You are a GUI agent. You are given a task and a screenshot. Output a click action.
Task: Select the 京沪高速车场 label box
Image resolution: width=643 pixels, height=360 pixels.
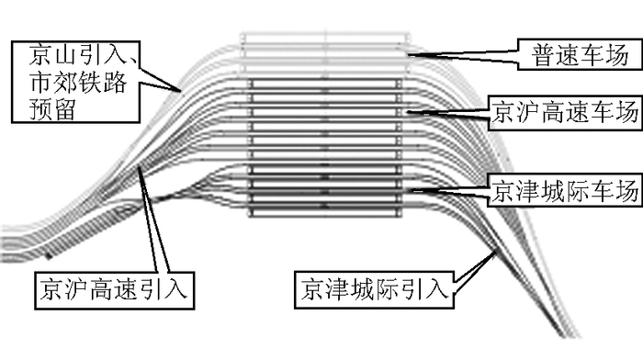(x=563, y=111)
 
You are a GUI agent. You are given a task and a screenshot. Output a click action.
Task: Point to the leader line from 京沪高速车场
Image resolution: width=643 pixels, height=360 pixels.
(x=446, y=111)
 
